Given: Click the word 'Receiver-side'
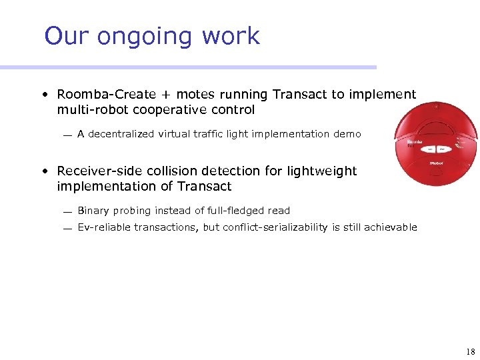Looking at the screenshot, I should [x=99, y=171].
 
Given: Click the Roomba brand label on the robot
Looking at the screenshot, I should [x=415, y=142].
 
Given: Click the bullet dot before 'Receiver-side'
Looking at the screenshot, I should [x=43, y=172].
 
